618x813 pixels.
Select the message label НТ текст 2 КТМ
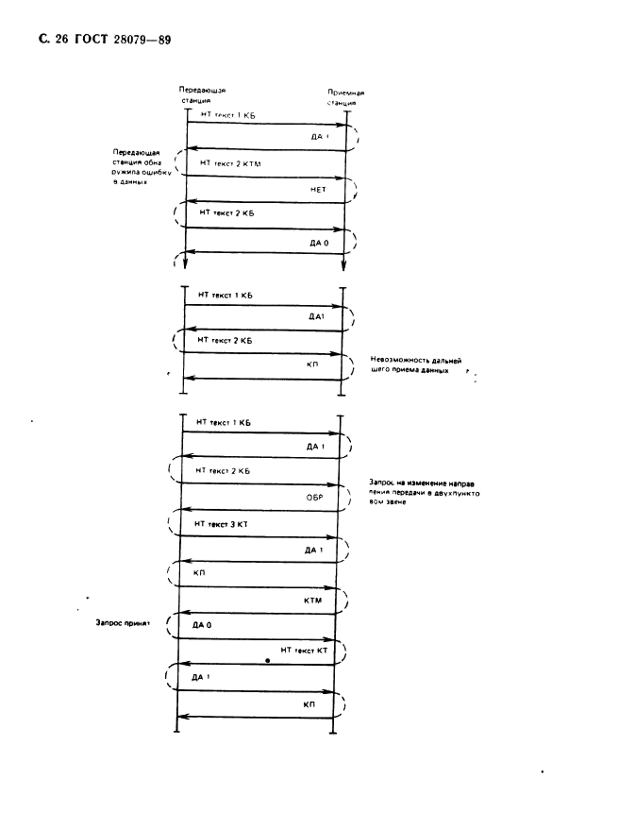pyautogui.click(x=228, y=163)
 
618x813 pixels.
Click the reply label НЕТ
pyautogui.click(x=318, y=189)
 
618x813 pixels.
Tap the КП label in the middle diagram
pyautogui.click(x=314, y=364)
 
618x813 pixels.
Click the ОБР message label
pyautogui.click(x=316, y=496)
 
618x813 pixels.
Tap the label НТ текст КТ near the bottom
pyautogui.click(x=303, y=651)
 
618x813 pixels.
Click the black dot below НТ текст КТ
pyautogui.click(x=268, y=662)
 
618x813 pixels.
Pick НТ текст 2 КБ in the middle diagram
pyautogui.click(x=225, y=339)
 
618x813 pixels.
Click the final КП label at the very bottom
pyautogui.click(x=309, y=704)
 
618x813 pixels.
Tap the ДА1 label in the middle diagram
pyautogui.click(x=317, y=318)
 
